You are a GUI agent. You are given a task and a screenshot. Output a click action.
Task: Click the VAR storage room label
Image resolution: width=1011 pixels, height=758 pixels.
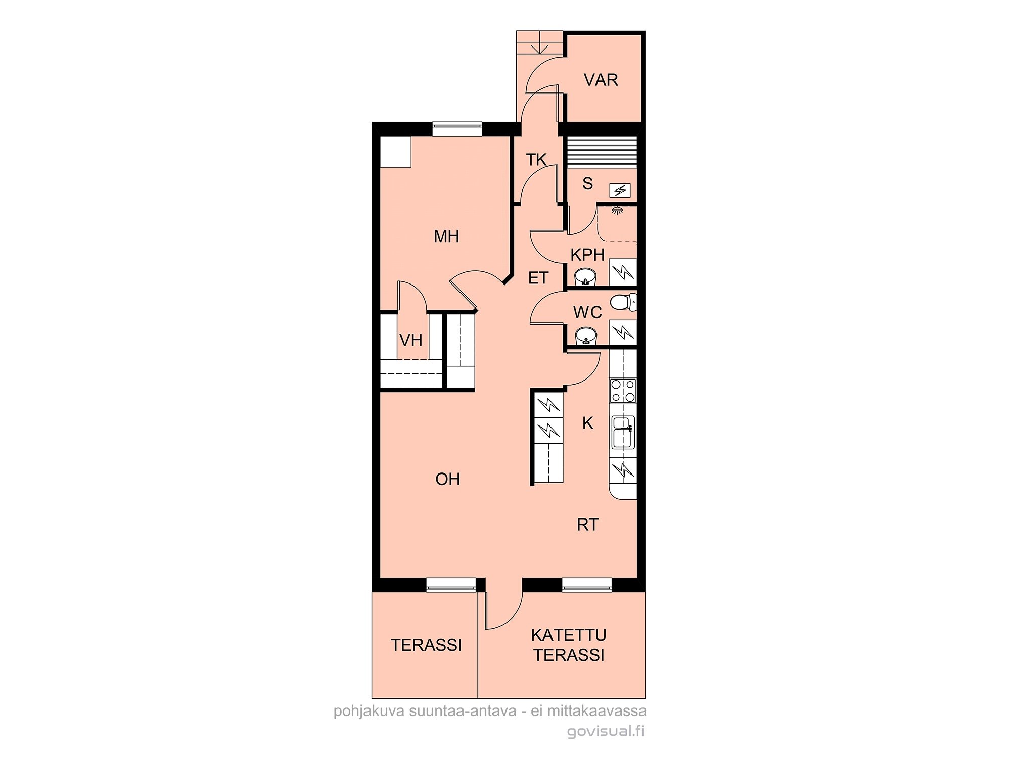(x=601, y=80)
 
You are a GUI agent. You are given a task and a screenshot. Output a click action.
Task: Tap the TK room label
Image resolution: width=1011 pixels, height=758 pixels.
(x=536, y=160)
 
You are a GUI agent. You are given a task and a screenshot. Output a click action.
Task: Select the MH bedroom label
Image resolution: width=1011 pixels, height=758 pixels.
(x=446, y=236)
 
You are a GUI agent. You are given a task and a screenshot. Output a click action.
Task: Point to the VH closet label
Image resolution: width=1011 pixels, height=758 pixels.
(x=410, y=340)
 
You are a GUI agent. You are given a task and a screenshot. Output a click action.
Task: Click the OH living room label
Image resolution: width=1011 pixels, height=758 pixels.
(x=448, y=479)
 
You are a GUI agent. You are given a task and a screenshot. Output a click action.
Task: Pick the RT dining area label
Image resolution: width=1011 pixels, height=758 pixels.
(x=587, y=525)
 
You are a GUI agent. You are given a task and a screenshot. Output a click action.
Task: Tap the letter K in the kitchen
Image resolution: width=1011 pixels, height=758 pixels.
(x=587, y=423)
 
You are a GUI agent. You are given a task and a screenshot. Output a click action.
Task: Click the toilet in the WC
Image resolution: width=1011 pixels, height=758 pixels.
(x=623, y=302)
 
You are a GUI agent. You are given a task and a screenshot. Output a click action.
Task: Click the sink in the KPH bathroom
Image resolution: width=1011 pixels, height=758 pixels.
(x=586, y=277)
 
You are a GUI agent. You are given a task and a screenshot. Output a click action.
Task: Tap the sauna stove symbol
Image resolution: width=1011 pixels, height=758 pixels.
(x=620, y=190)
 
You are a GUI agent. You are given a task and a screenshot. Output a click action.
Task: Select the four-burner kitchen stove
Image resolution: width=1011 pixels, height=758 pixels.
(x=623, y=391)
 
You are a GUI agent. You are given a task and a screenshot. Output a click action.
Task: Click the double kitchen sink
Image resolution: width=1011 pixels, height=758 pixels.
(x=623, y=433)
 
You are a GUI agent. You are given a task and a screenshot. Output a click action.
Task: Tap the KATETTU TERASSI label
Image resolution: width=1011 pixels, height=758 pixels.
(x=569, y=645)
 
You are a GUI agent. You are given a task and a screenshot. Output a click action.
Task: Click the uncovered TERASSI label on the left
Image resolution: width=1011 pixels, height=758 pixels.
(x=426, y=645)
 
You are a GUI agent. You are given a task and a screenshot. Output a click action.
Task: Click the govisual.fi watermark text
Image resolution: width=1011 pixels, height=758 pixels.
(x=606, y=731)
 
